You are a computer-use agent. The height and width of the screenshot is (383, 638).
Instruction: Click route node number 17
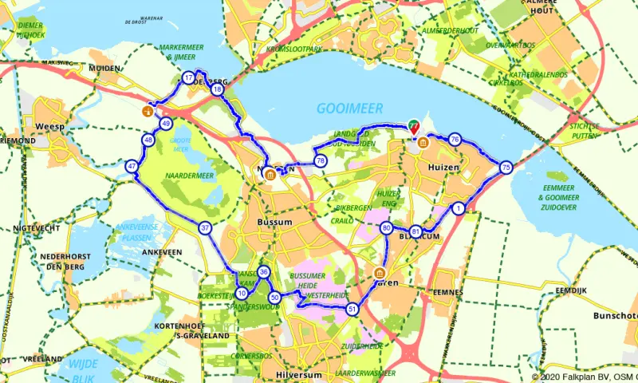click(x=188, y=77)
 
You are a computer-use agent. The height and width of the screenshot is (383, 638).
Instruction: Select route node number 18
click(x=217, y=89)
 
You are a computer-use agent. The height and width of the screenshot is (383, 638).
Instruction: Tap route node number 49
click(x=166, y=124)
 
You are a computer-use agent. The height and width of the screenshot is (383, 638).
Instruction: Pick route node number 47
click(x=132, y=167)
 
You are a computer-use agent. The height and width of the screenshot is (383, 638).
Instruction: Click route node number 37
click(x=206, y=228)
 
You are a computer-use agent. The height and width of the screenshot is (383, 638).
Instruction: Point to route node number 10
click(x=242, y=293)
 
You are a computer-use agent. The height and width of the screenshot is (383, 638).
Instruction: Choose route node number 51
click(x=352, y=309)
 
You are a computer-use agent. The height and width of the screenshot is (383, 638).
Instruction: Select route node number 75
click(x=506, y=168)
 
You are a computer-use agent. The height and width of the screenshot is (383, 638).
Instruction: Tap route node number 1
click(x=459, y=209)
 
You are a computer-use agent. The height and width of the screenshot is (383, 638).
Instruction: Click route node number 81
click(x=416, y=231)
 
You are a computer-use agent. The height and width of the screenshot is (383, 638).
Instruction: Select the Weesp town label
click(x=49, y=126)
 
